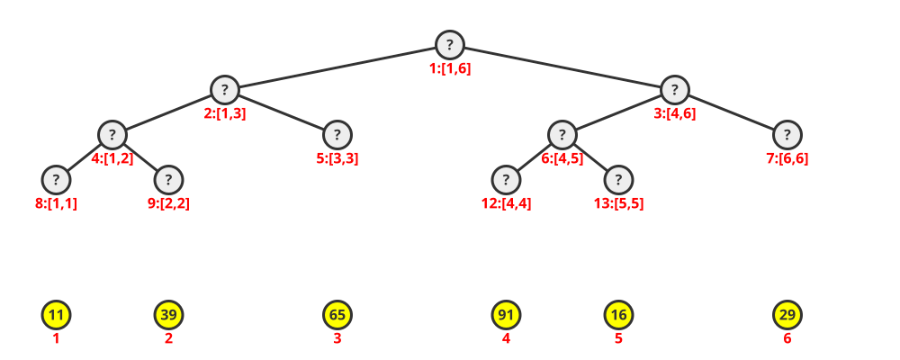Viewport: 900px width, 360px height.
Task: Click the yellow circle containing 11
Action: (x=56, y=315)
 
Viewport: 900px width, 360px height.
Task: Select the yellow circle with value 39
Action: (x=168, y=315)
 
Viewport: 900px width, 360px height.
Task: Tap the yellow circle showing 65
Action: (x=337, y=315)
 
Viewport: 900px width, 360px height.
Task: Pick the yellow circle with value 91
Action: (x=506, y=315)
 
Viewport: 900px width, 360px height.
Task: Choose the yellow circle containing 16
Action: (x=618, y=315)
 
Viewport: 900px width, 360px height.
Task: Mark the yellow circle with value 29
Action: (x=787, y=315)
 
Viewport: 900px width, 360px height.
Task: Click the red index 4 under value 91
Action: (x=506, y=338)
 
